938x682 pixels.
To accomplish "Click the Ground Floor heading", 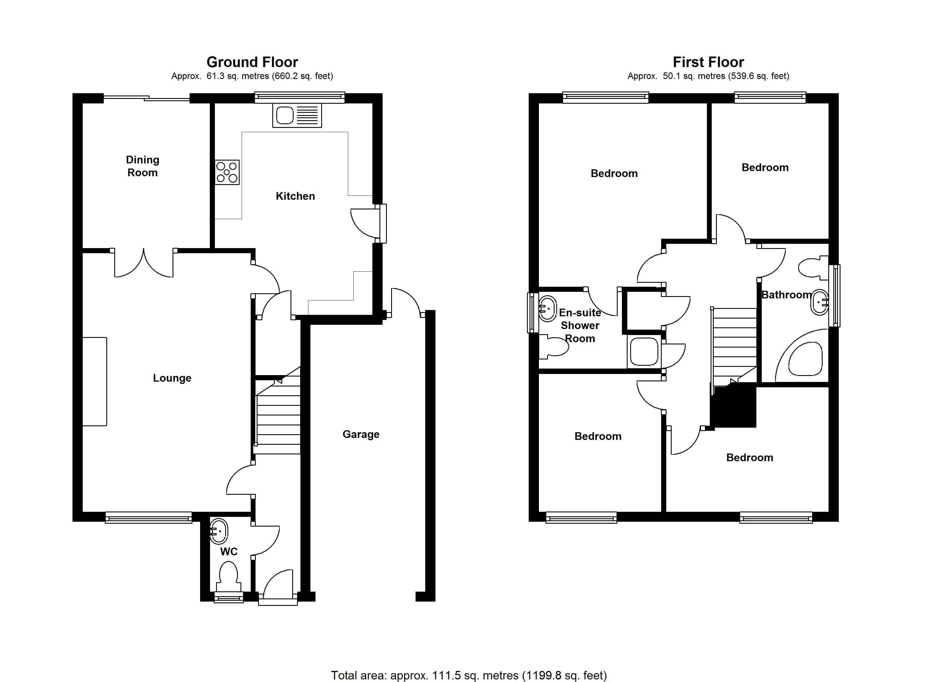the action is coord(252,62).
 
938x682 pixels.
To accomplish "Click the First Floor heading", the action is coord(708,62).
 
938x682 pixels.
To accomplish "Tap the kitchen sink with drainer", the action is coord(297,115).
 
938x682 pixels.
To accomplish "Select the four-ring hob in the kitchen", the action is coord(227,172).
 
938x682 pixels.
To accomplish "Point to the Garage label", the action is coord(361,434).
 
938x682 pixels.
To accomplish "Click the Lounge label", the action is coord(172,378).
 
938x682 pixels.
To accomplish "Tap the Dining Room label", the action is coord(143,166).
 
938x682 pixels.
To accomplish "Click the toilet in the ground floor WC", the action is coord(229,577).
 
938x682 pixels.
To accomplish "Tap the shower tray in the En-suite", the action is coord(644,352).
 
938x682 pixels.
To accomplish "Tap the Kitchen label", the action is coord(295,196).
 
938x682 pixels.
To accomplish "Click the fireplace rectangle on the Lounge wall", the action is coord(95,381).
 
